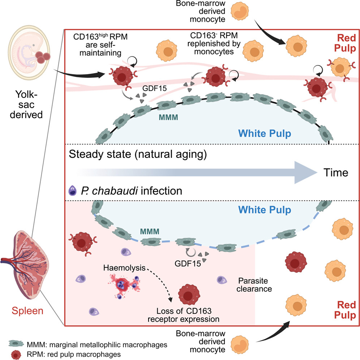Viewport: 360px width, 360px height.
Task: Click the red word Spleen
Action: (27, 310)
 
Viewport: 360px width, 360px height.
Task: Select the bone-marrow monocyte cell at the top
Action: (240, 11)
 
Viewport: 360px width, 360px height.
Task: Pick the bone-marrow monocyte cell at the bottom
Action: (240, 344)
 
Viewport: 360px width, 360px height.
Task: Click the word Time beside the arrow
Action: (336, 172)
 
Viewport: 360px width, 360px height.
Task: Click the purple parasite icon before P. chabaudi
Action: (73, 190)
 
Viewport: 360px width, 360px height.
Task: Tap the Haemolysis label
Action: (124, 268)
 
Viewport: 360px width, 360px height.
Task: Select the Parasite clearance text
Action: (254, 285)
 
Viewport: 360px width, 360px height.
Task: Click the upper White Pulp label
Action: (265, 133)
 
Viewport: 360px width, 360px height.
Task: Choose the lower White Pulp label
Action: (265, 210)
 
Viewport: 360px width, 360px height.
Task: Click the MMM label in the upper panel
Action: (168, 117)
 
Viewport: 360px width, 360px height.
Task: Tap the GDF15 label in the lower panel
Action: (188, 263)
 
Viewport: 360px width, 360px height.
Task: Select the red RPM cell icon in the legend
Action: (16, 355)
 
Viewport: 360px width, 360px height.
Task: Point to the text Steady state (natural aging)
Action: (138, 154)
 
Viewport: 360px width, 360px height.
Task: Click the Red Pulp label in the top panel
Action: (345, 43)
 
